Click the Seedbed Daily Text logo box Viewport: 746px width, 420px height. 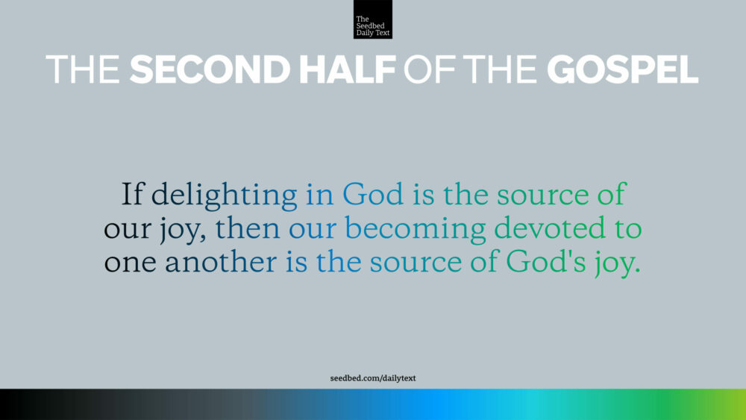[372, 19]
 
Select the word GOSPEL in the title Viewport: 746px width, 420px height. [622, 69]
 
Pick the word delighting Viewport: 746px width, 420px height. [224, 196]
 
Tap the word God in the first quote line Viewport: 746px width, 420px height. [373, 195]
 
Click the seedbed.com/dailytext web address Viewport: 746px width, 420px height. [373, 378]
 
